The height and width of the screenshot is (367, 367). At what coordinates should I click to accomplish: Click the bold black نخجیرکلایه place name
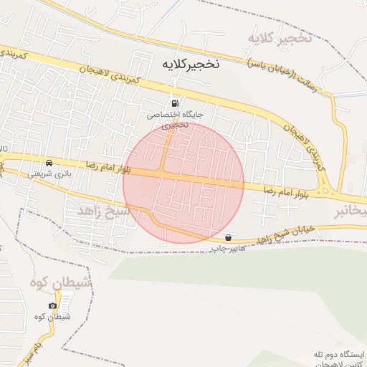pos(184,64)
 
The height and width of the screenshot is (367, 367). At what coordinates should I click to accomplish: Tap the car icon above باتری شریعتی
pos(47,162)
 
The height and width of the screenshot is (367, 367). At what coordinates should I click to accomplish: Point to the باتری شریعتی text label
pos(45,173)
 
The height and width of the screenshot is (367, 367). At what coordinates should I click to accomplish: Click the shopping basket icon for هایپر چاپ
pos(228,237)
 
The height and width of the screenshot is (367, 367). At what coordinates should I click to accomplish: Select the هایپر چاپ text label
pos(228,248)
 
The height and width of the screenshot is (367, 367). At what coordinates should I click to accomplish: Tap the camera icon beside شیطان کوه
pos(52,306)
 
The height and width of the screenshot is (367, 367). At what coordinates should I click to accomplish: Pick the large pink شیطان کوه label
pos(62,284)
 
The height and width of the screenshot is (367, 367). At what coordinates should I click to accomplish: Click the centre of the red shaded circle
pos(183,183)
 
